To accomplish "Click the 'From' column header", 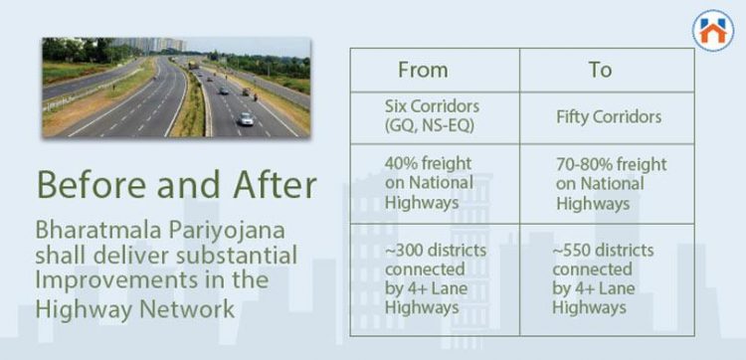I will coord(423,70).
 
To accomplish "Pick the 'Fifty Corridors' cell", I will coord(609,117).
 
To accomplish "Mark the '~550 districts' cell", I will coord(600,279).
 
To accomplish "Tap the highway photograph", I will coord(175,88).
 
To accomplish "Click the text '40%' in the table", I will coord(403,163).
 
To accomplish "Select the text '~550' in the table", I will coord(575,251).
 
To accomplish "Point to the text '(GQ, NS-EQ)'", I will coord(430,126).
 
